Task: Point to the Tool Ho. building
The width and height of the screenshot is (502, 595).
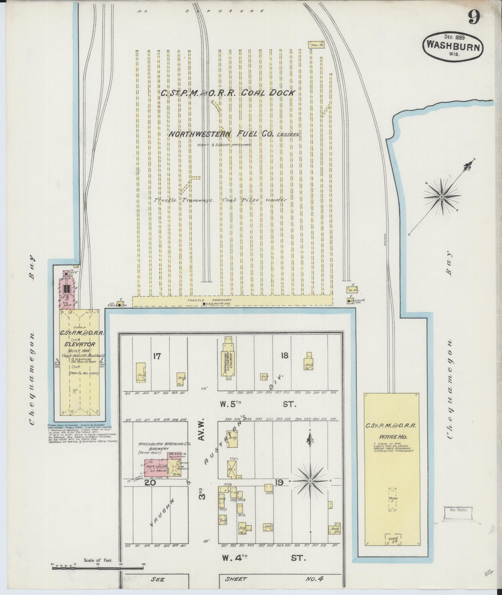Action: (317, 44)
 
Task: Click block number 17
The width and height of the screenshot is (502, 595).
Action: (157, 356)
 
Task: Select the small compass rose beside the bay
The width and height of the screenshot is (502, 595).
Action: (441, 197)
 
